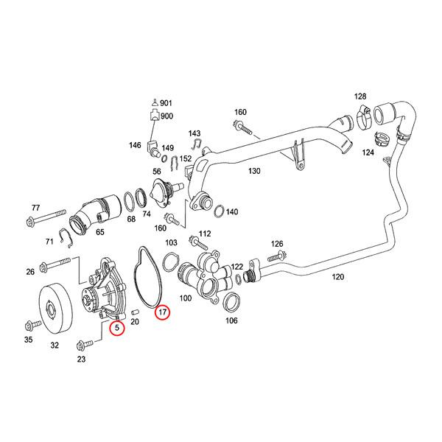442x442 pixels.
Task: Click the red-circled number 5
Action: (x=116, y=328)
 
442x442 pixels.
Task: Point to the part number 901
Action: (x=166, y=102)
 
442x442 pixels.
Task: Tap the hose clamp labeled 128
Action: (x=361, y=113)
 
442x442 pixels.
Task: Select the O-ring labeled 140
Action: (x=219, y=212)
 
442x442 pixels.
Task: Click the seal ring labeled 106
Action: (x=230, y=301)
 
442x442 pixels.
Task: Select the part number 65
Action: (x=100, y=231)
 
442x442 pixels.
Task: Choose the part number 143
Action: (x=194, y=133)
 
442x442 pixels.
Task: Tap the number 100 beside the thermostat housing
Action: (x=185, y=298)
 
